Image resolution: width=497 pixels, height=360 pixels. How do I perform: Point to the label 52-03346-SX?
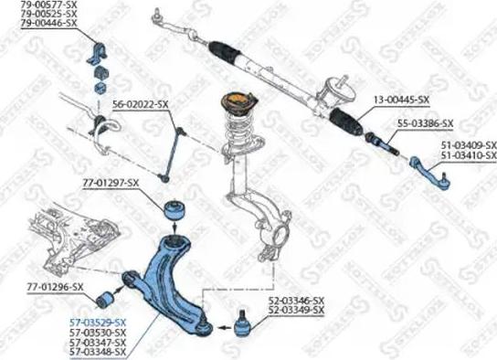click(296, 301)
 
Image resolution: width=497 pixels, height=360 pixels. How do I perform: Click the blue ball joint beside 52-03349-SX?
click(243, 323)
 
